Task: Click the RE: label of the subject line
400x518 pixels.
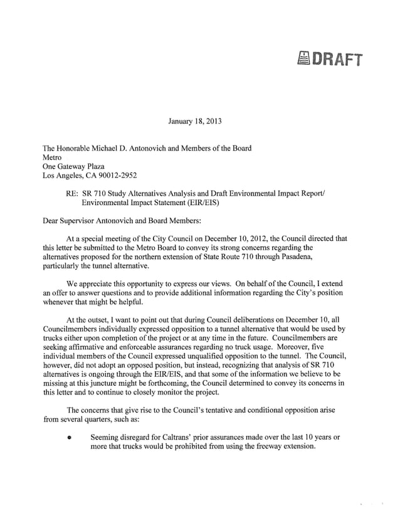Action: [72, 194]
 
